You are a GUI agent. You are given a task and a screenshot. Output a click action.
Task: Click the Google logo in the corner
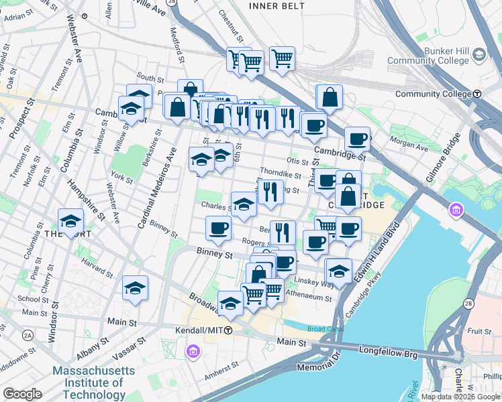pyautogui.click(x=22, y=394)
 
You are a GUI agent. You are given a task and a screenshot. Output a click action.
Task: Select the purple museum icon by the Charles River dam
pyautogui.click(x=456, y=211)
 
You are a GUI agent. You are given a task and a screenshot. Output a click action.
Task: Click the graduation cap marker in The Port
pyautogui.click(x=70, y=222)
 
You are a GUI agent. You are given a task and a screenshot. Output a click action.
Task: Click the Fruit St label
pyautogui.click(x=480, y=331)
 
